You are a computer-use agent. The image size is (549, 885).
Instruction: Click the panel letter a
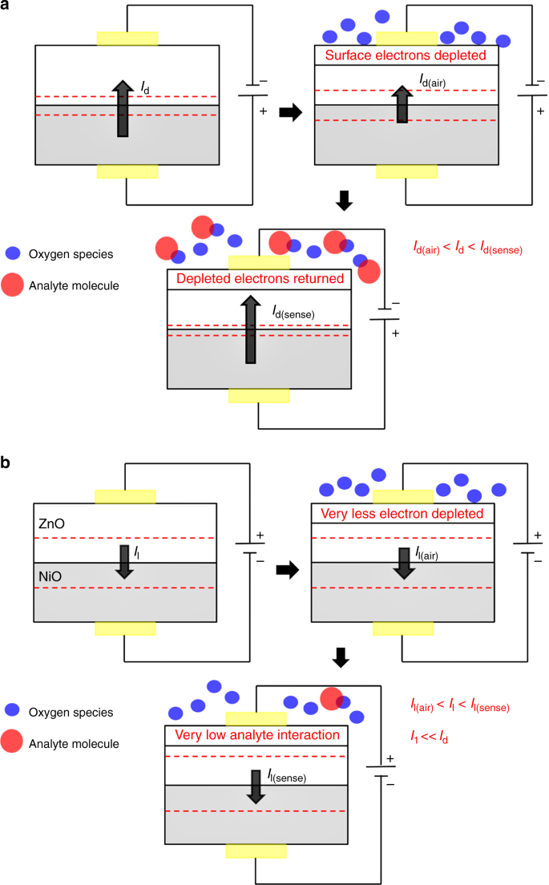point(7,7)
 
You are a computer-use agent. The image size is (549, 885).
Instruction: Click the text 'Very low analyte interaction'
point(258,735)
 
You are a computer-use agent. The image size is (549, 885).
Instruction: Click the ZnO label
point(51,523)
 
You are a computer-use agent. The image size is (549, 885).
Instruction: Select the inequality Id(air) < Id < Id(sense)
point(466,250)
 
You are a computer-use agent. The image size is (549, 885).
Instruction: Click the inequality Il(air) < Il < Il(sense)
point(459,706)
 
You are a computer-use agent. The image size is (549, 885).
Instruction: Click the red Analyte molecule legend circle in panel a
point(14,283)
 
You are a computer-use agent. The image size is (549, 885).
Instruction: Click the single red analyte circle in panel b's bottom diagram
point(333,698)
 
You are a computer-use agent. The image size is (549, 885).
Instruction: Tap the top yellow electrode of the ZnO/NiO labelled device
point(124,496)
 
